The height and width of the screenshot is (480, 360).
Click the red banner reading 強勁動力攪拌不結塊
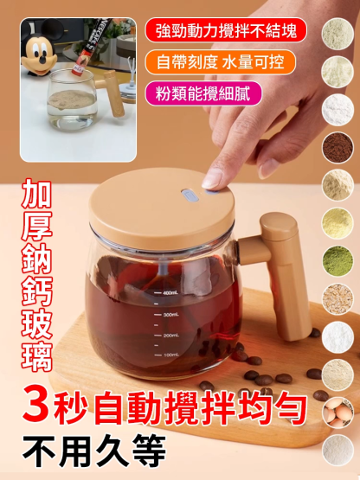coord(226,30)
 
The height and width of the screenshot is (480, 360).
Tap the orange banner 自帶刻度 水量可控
coord(221,62)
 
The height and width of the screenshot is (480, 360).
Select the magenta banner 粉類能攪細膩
coord(204,93)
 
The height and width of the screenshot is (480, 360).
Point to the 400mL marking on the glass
coord(170,293)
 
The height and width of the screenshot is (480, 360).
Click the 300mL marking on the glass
coord(170,314)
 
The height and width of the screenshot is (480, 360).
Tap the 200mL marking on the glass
coord(170,335)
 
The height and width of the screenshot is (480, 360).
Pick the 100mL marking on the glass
coord(170,355)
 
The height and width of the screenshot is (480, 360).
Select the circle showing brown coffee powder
coord(338,148)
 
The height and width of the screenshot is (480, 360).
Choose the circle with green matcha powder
coord(338,260)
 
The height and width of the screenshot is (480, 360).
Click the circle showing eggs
coord(338,412)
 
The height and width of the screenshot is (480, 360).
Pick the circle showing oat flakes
coord(338,298)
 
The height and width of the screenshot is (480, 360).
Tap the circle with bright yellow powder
coord(338,223)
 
